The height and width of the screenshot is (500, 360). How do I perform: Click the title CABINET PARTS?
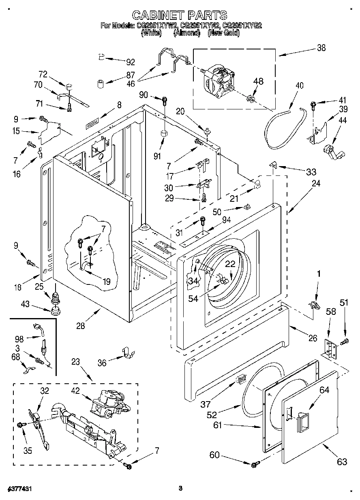pyautogui.click(x=180, y=15)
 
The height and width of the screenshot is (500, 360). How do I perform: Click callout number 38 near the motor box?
pyautogui.click(x=321, y=48)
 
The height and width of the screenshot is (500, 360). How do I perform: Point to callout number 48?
pyautogui.click(x=258, y=81)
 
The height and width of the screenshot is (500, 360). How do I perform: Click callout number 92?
pyautogui.click(x=131, y=62)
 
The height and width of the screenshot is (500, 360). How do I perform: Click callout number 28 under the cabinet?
pyautogui.click(x=81, y=326)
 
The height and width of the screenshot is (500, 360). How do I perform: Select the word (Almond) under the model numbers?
pyautogui.click(x=187, y=34)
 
